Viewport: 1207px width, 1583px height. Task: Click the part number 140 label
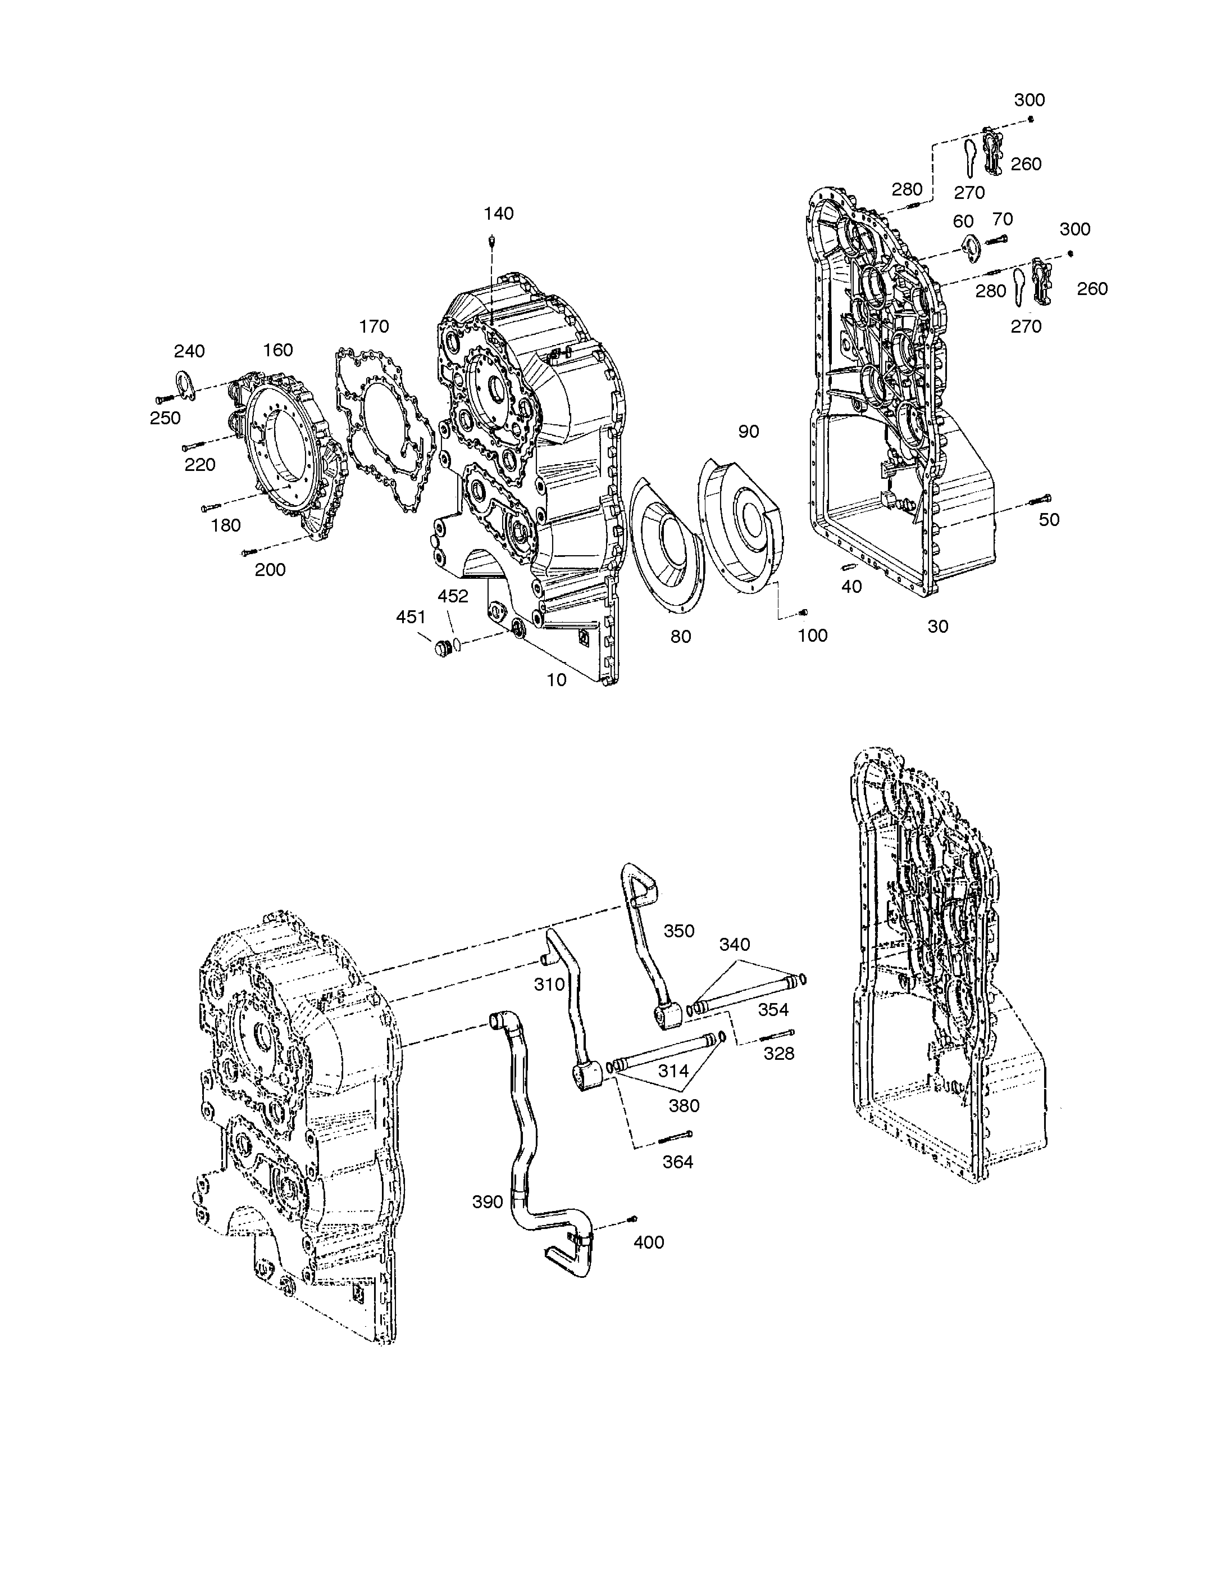pos(498,214)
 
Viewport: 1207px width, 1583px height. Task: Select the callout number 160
pos(278,350)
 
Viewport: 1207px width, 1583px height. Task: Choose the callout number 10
pos(557,680)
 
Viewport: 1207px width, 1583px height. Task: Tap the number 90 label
pos(749,431)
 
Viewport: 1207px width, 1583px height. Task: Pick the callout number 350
pos(679,931)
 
